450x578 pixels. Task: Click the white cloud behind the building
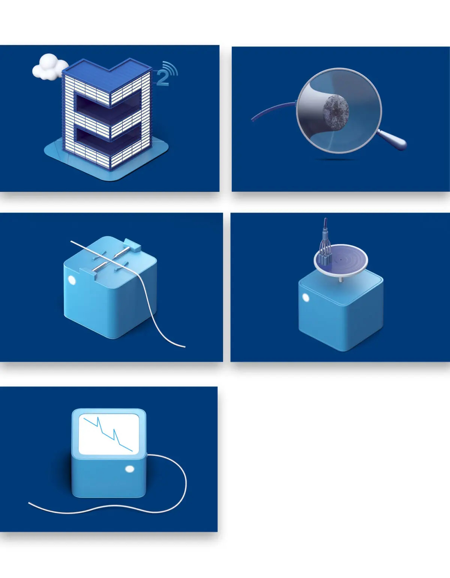(x=49, y=67)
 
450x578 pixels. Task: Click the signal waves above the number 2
(x=171, y=68)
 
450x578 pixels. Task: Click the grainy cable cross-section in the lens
(x=336, y=109)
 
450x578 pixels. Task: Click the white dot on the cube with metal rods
(x=72, y=280)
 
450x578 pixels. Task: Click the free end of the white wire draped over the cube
(x=184, y=347)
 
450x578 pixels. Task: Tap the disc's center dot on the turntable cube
(x=340, y=260)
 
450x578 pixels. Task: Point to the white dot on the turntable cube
(x=306, y=298)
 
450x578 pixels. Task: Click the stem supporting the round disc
(x=340, y=279)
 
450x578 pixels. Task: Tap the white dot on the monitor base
(x=130, y=469)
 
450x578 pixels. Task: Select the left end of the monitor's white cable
(x=29, y=503)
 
